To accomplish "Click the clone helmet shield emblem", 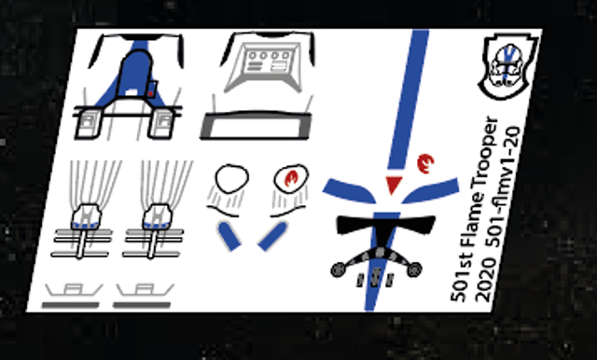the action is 508,65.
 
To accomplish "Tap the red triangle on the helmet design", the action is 394,185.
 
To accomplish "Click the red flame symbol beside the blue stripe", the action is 425,163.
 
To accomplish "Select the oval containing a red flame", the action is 291,178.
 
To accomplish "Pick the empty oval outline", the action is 232,178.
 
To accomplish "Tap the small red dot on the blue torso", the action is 151,93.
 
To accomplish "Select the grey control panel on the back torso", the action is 263,67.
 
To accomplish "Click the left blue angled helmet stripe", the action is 349,190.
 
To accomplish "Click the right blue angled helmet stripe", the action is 431,190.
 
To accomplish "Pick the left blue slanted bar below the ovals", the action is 229,237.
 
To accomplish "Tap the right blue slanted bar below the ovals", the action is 271,237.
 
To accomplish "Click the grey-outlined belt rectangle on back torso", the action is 255,126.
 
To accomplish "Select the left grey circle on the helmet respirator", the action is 338,270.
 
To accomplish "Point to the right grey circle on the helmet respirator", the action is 414,269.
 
